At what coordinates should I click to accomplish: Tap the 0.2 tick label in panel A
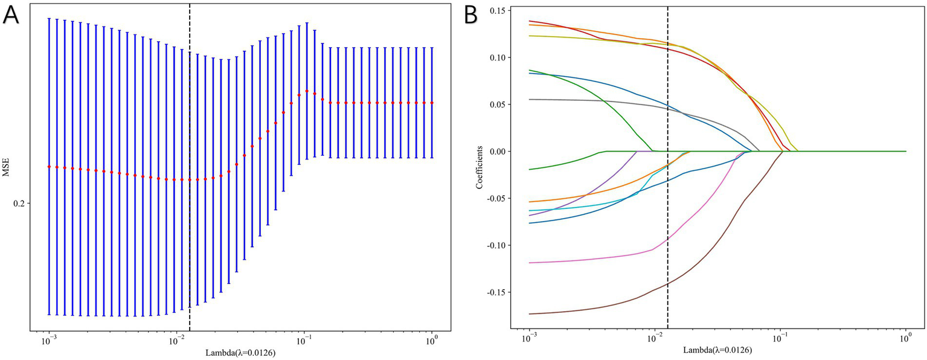(x=18, y=204)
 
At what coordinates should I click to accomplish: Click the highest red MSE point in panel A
(x=307, y=91)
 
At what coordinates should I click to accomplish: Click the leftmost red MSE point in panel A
(x=50, y=167)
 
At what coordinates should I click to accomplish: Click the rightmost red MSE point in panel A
(x=432, y=103)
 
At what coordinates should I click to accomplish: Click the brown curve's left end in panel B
(x=530, y=314)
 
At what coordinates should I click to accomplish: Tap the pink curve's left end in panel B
(x=530, y=263)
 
